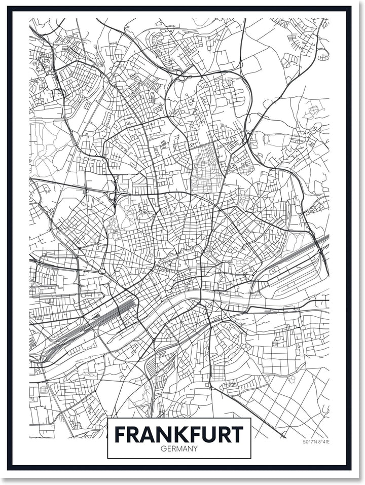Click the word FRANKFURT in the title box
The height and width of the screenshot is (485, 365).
click(179, 434)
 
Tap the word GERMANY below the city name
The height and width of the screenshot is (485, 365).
click(179, 449)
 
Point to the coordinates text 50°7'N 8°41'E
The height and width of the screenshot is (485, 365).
click(316, 442)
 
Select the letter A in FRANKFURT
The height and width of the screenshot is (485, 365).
click(143, 434)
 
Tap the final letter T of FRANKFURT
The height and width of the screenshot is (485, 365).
click(237, 434)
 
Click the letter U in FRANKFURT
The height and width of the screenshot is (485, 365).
click(206, 434)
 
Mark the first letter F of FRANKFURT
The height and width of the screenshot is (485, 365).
click(120, 434)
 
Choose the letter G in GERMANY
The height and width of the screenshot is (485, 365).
click(162, 449)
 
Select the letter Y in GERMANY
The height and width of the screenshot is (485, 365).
click(196, 449)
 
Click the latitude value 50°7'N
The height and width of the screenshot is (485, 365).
click(309, 442)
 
